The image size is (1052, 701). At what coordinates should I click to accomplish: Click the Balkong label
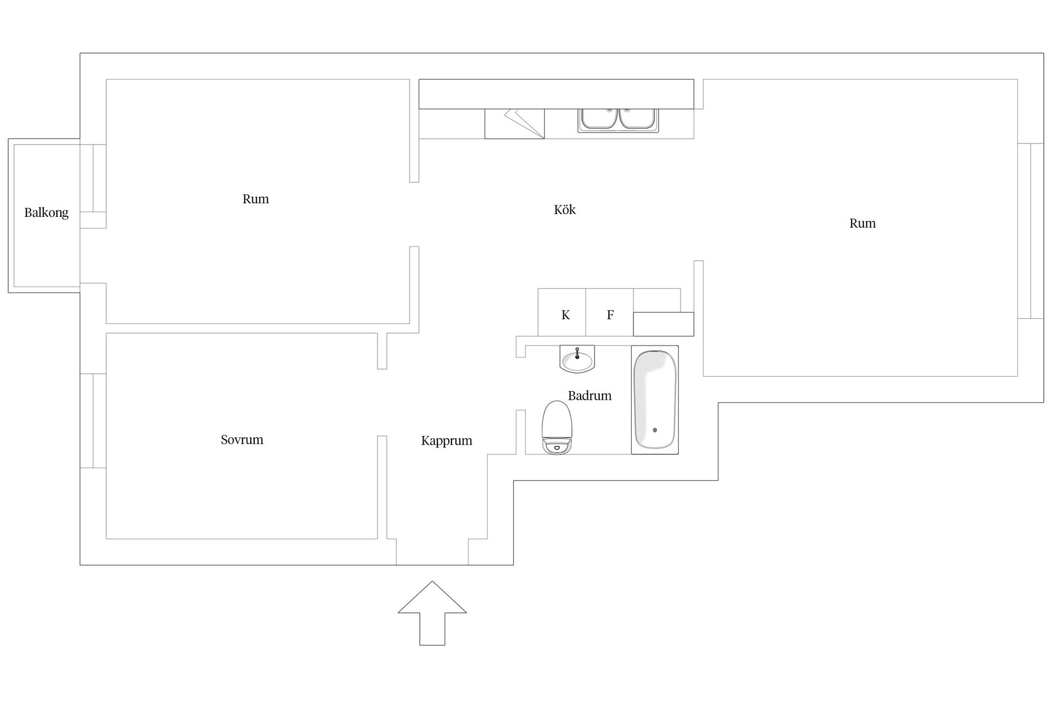pyautogui.click(x=47, y=212)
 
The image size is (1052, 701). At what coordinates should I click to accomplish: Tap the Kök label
pyautogui.click(x=564, y=209)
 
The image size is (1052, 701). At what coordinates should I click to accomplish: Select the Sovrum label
pyautogui.click(x=242, y=439)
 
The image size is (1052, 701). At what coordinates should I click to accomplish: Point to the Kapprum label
pyautogui.click(x=447, y=441)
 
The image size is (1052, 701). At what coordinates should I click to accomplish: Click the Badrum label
pyautogui.click(x=590, y=395)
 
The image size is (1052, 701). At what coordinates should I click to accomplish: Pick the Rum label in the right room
pyautogui.click(x=862, y=223)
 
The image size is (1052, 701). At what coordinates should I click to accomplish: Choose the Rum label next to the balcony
pyautogui.click(x=256, y=199)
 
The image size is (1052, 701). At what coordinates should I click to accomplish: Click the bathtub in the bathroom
pyautogui.click(x=655, y=400)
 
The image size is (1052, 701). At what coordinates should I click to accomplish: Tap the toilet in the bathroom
pyautogui.click(x=557, y=427)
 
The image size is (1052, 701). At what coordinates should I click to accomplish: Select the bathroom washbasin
pyautogui.click(x=577, y=359)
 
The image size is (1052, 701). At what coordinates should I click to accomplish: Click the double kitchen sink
pyautogui.click(x=619, y=120)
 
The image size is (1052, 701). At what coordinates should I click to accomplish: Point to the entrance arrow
pyautogui.click(x=432, y=613)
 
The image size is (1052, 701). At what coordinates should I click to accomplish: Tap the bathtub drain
pyautogui.click(x=655, y=430)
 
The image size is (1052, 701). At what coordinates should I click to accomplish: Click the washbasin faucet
pyautogui.click(x=577, y=352)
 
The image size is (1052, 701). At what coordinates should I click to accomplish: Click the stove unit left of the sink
pyautogui.click(x=514, y=123)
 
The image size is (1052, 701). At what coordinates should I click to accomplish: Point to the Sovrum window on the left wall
pyautogui.click(x=93, y=421)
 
